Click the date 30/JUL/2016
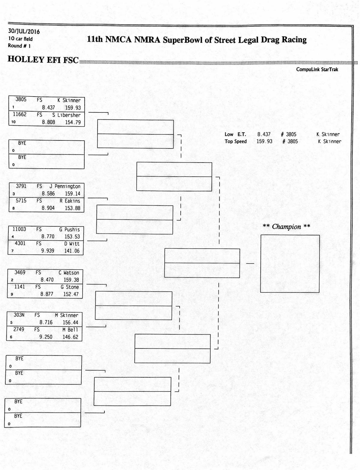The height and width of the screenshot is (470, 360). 24,31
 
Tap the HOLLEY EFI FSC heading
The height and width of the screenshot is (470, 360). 43,60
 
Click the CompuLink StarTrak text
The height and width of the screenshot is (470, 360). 317,69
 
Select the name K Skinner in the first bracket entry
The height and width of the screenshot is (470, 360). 69,100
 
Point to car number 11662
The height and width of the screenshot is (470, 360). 19,114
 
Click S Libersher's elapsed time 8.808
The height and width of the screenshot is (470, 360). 48,122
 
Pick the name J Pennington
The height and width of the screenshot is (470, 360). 65,186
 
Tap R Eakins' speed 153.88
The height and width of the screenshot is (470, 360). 73,208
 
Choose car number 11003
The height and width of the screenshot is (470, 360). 19,229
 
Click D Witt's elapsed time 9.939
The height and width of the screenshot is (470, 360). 48,251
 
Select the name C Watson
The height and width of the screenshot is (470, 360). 69,273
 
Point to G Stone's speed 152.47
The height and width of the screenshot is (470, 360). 71,294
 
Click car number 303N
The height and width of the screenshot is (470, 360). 19,315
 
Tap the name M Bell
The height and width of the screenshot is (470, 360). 70,330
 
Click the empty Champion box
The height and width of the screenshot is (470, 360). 290,263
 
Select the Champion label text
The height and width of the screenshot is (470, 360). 286,227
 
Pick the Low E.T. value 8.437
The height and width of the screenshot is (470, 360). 264,134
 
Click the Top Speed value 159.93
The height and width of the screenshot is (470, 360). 264,141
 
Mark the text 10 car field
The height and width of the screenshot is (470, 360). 20,39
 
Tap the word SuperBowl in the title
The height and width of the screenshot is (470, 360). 183,40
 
